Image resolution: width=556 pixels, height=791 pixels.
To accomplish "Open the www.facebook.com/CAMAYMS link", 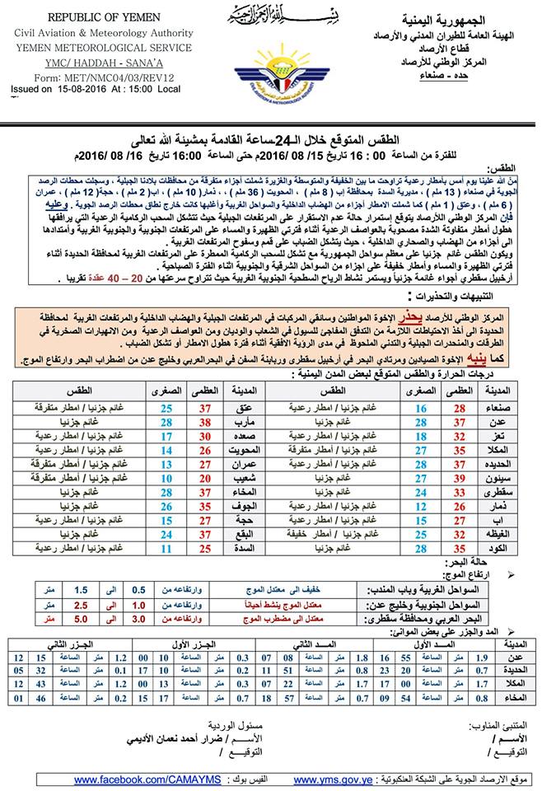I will click(145, 779).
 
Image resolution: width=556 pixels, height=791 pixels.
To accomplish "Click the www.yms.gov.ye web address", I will click(332, 779).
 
